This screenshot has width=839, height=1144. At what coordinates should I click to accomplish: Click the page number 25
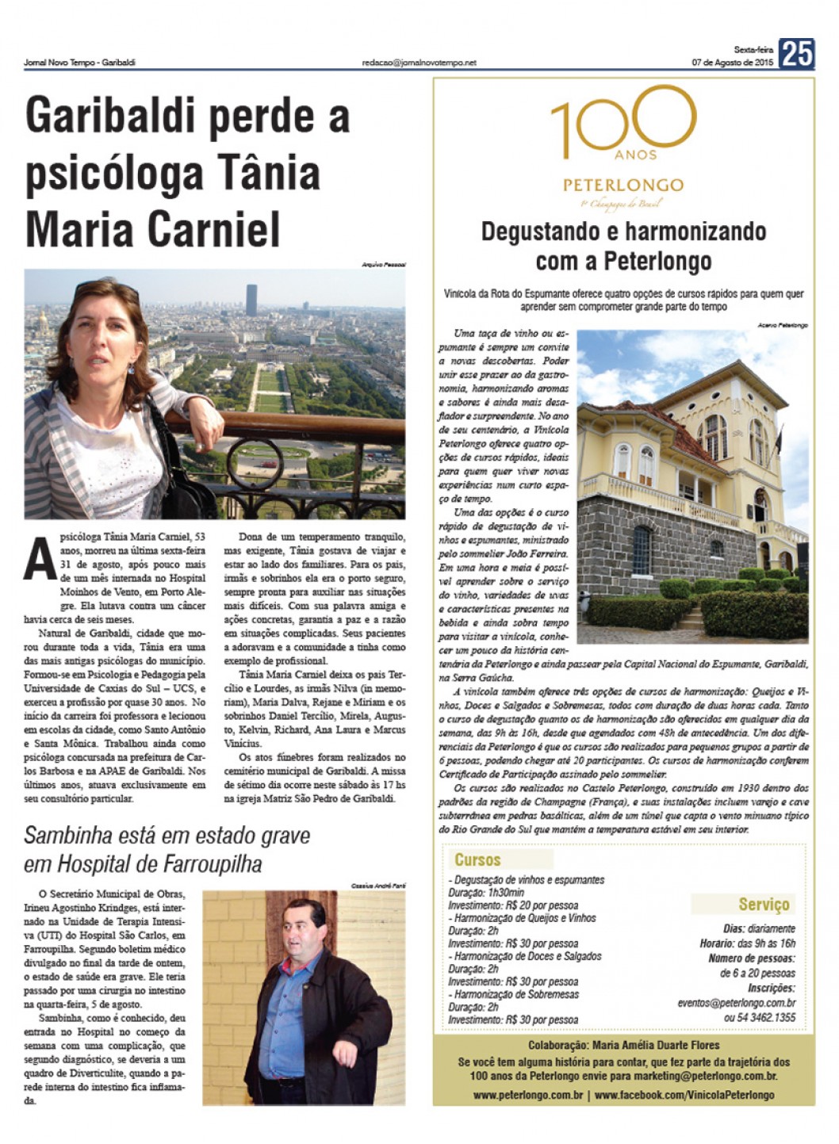tap(797, 54)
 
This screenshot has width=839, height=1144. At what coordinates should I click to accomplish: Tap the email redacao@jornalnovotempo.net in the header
tap(419, 63)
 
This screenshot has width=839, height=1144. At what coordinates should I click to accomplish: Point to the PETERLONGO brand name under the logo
tap(623, 185)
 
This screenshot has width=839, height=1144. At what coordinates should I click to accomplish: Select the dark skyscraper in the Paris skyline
tap(251, 300)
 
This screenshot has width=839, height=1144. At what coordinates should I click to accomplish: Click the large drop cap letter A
tap(40, 560)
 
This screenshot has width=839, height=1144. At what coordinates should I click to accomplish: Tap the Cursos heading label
tap(477, 859)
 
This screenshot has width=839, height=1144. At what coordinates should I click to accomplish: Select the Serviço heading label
tap(764, 904)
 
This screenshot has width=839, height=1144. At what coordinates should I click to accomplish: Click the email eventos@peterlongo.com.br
tap(736, 1002)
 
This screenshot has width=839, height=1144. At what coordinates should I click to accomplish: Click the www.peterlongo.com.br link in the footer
tap(529, 1095)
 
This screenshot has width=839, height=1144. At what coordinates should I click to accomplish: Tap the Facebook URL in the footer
tap(684, 1095)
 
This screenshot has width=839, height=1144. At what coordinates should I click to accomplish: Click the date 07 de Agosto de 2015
tap(732, 63)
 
